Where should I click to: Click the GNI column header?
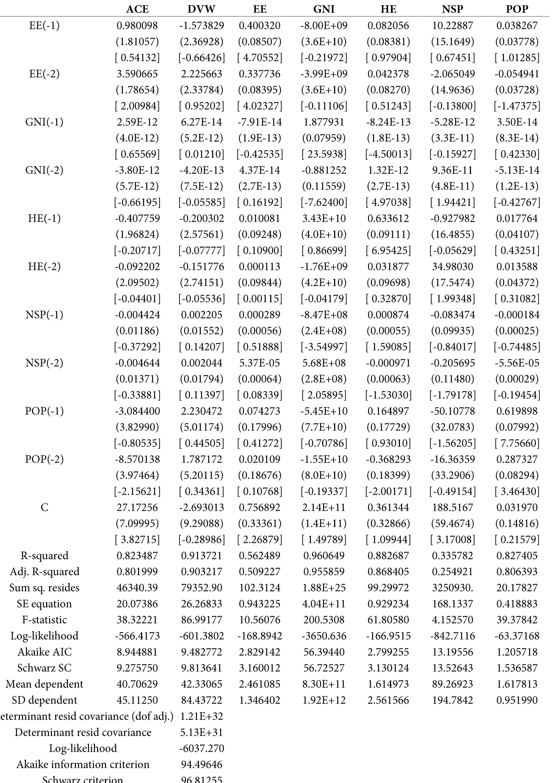(324, 9)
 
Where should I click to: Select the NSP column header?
(453, 9)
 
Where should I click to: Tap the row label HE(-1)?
(44, 218)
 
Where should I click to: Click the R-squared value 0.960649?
(324, 556)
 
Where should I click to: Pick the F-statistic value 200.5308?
(324, 620)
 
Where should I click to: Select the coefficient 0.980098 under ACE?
(137, 26)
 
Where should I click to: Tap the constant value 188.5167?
(453, 507)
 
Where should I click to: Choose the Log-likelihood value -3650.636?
(324, 636)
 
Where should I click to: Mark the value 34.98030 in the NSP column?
(453, 267)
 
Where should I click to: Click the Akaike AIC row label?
(44, 652)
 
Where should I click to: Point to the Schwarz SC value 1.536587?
(517, 668)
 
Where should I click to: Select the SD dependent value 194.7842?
(453, 700)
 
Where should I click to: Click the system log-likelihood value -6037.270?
(202, 748)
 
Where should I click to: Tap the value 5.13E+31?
(202, 732)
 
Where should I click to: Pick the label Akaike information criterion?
(83, 764)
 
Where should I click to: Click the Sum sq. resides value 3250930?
(453, 588)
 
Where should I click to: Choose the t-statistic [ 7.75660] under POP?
(517, 443)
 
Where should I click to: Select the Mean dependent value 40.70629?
(137, 684)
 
